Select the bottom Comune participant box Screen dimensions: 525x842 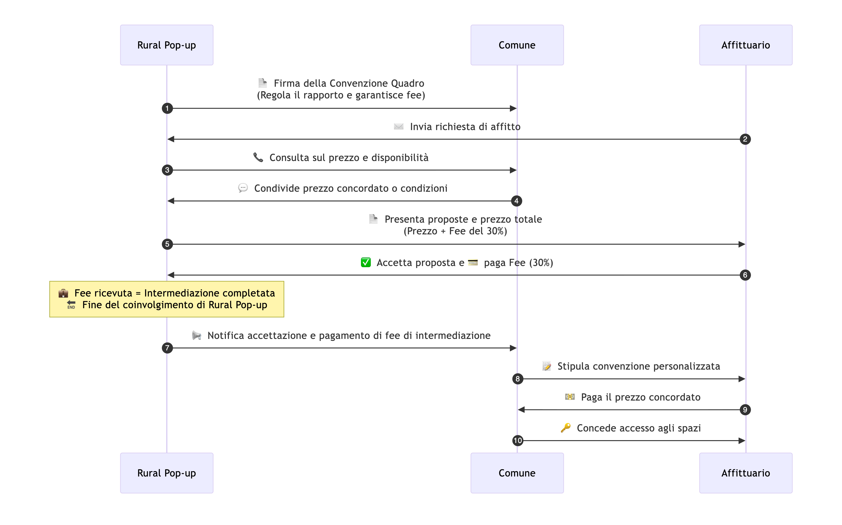(517, 473)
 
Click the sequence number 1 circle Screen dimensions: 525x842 (167, 108)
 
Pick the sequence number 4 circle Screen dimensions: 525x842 (516, 201)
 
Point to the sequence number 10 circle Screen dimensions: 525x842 (518, 441)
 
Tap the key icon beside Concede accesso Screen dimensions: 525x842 (565, 428)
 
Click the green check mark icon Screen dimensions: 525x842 (366, 262)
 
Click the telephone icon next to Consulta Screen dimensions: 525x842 (258, 157)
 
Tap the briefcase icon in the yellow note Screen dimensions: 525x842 (63, 293)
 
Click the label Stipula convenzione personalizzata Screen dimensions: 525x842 (638, 366)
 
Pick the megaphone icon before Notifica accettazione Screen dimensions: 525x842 (196, 335)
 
